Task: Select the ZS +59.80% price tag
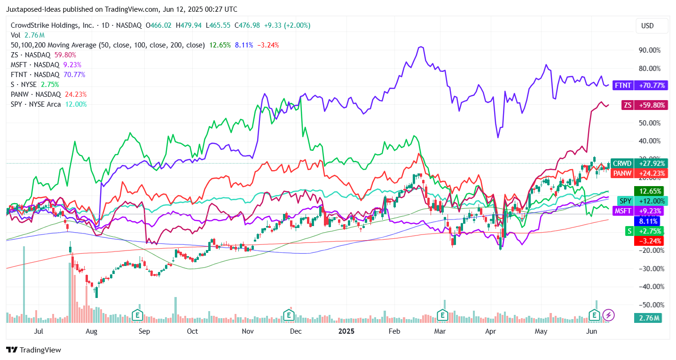(x=643, y=105)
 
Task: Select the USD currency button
(x=647, y=26)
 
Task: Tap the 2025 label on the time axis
(x=346, y=331)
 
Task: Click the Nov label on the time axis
(x=247, y=331)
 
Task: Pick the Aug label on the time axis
(x=92, y=331)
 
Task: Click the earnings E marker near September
(x=137, y=314)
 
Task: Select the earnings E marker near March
(x=442, y=314)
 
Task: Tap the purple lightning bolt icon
(x=608, y=314)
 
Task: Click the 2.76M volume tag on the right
(x=647, y=318)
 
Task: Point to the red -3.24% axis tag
(x=647, y=241)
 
